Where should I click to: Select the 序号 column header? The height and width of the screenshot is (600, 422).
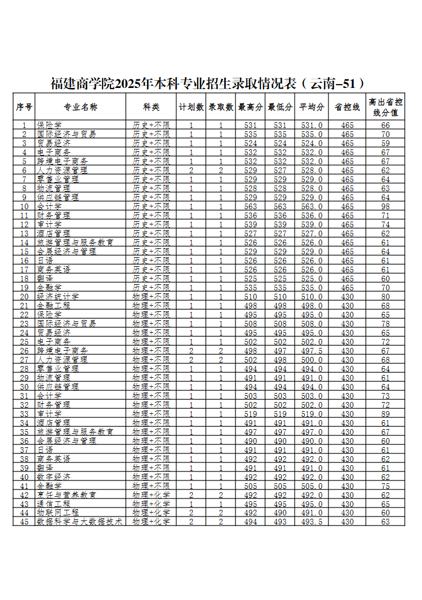tap(24, 107)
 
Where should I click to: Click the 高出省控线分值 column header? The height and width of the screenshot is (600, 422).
tap(385, 107)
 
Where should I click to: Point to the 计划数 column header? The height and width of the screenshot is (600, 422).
tap(191, 107)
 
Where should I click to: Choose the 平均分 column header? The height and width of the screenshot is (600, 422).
tap(312, 107)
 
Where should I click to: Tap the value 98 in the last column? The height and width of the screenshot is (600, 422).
tap(385, 206)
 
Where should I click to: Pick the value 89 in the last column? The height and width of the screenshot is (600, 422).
tap(385, 413)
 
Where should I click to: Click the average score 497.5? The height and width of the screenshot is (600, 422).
tap(312, 350)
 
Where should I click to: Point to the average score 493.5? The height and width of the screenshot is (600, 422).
tap(312, 522)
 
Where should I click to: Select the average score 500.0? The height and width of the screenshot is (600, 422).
tap(312, 359)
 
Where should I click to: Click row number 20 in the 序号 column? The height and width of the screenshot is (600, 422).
tap(24, 296)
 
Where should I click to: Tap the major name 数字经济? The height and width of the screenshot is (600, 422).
tap(54, 477)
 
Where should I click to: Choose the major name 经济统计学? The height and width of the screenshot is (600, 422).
tap(58, 296)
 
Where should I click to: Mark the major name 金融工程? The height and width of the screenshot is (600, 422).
tap(54, 305)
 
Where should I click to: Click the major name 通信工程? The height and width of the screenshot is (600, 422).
tap(54, 504)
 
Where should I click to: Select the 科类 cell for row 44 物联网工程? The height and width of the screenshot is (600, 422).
tap(151, 513)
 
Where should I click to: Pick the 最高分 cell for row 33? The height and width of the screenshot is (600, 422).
tap(251, 413)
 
